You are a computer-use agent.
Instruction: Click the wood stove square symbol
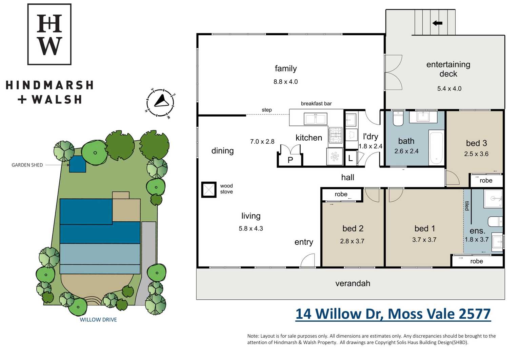coord(209,189)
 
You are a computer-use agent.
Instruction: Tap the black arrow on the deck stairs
coord(437,23)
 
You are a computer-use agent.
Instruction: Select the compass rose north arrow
coord(162,101)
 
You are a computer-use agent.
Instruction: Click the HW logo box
coord(49,34)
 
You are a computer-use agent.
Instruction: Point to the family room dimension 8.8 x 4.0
coord(285,82)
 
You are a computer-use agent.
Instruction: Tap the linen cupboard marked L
coord(351,158)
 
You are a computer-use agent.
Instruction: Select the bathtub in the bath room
coord(436,147)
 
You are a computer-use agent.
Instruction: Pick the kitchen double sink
coord(316,119)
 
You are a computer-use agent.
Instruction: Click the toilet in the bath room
coord(398,118)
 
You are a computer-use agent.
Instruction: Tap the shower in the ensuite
coord(493,198)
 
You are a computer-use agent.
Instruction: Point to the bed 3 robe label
coord(486,180)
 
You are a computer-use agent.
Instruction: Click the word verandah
coord(353,283)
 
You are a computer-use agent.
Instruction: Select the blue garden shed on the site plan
coord(78,164)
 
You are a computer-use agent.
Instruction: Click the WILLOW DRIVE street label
coord(98,320)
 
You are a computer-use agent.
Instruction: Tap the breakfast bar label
coord(316,103)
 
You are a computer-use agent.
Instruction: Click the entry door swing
coord(307,260)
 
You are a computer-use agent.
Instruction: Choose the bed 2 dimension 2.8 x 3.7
coord(352,241)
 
